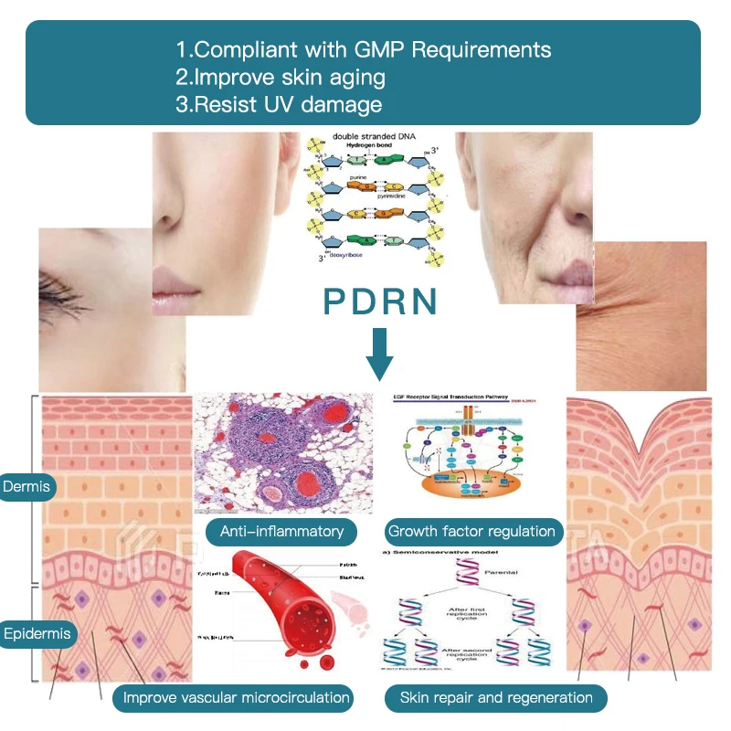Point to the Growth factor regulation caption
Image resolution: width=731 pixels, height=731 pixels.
point(471,531)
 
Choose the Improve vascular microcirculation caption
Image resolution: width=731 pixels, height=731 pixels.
point(237,698)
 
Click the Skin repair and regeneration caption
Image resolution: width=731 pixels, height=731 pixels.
point(496,698)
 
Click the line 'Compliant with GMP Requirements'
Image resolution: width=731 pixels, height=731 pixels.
point(364,48)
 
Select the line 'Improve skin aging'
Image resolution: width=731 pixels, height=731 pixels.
point(281,77)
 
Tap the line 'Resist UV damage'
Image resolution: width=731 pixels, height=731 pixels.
point(279,104)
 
